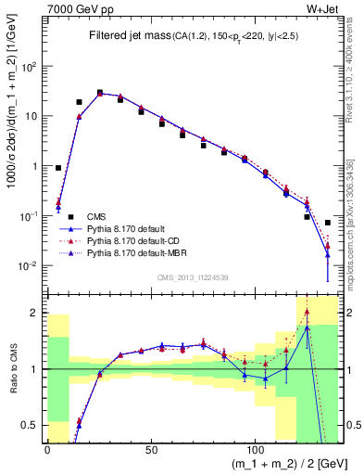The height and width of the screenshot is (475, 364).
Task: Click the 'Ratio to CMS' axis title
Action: click(x=11, y=369)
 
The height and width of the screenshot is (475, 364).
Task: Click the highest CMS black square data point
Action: click(x=100, y=93)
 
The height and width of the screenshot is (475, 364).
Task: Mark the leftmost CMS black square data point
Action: click(x=58, y=168)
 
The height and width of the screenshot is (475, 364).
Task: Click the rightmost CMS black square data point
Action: click(x=328, y=223)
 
